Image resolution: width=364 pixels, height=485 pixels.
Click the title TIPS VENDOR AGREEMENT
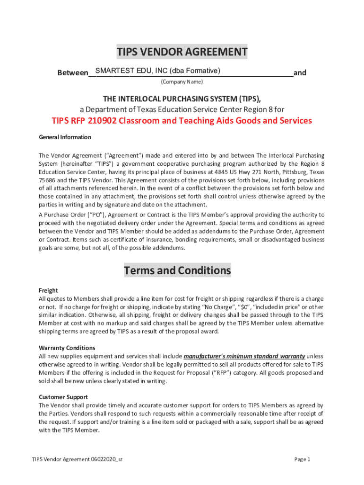[182, 52]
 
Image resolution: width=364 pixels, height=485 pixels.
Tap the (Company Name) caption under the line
[182, 82]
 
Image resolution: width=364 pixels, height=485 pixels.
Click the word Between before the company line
[73, 73]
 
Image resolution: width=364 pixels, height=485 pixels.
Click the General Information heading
[65, 137]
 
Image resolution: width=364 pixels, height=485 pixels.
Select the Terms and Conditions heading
[177, 270]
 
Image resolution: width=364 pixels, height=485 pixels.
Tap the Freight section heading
[48, 290]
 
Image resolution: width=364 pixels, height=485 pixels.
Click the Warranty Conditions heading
[67, 348]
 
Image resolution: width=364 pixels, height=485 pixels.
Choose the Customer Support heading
[63, 397]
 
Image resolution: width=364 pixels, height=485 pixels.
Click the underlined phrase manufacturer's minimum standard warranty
[244, 356]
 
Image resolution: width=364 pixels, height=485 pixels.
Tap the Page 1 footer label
[302, 459]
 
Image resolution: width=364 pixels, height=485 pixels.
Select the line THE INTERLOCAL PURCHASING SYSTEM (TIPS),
[182, 99]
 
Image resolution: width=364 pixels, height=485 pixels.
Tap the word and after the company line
[300, 73]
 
